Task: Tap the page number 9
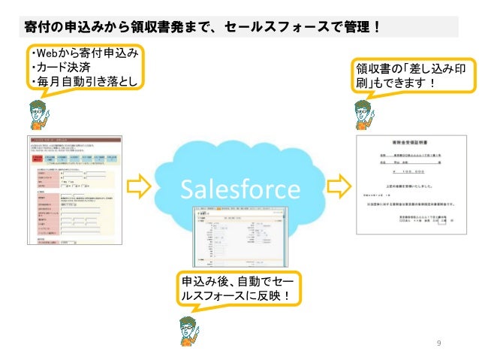coord(439,343)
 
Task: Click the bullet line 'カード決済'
coord(56,68)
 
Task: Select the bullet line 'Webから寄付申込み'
coord(83,53)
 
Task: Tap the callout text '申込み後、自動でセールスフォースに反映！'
coord(236,289)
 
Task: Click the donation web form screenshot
coord(73,194)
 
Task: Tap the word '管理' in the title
coord(354,26)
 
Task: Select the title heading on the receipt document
coord(408,141)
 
